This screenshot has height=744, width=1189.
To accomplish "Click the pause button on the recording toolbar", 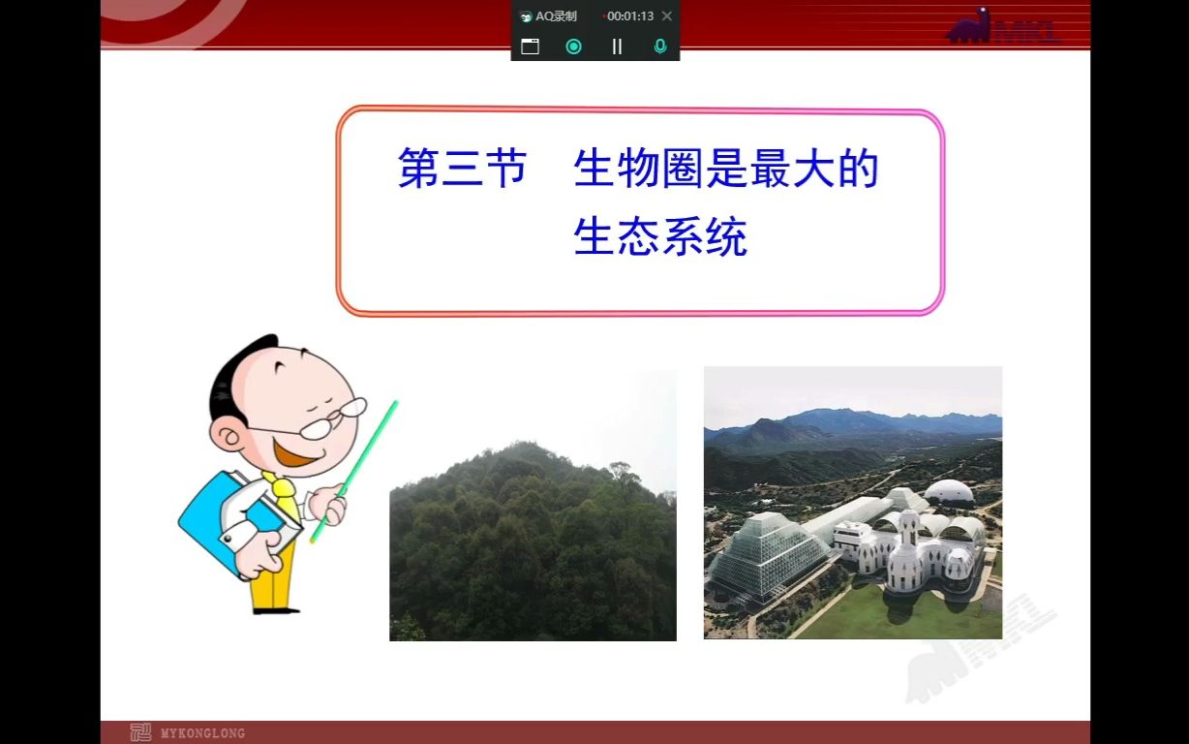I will [617, 46].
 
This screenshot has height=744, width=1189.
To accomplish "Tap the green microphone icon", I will [660, 46].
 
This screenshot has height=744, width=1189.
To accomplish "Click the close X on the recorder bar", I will [667, 16].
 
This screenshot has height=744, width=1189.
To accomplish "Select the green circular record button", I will [573, 46].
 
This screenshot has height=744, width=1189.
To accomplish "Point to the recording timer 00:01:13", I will [629, 16].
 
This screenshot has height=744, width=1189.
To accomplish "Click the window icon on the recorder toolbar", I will [530, 46].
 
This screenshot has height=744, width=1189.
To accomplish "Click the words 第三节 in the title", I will [462, 169].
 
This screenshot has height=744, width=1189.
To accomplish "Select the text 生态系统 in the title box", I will [660, 237].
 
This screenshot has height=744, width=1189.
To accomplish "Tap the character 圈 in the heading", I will [682, 169].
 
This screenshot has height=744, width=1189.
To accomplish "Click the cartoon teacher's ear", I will [225, 438].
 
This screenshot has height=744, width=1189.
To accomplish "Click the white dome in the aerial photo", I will [948, 491].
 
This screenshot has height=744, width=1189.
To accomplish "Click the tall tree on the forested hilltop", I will [619, 476].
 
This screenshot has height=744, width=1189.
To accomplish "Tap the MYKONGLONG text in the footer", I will [202, 733].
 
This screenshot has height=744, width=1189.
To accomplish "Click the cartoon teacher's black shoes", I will [275, 609].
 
